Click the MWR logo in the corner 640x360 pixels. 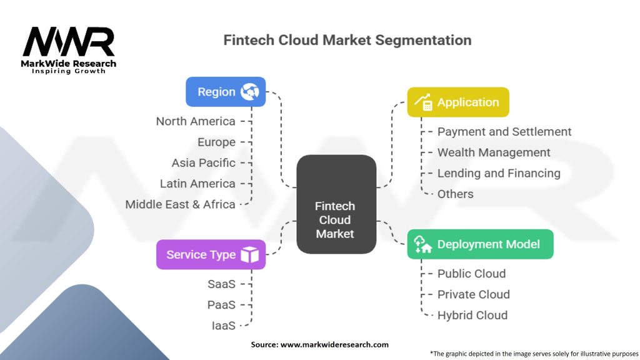point(69,47)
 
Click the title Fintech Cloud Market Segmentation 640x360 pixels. point(347,41)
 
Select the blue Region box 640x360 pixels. point(226,92)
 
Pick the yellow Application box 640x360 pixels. point(458,102)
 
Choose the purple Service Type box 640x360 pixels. point(211,254)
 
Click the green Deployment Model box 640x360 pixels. point(480,244)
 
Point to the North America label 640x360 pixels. point(196,121)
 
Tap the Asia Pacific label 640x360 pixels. point(204,162)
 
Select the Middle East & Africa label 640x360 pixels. point(180,204)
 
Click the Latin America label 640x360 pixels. point(197,184)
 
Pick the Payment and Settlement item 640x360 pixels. point(504,132)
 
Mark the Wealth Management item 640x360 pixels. point(494,152)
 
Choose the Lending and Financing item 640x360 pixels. point(499,173)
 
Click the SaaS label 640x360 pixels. point(221,284)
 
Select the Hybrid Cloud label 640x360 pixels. point(472,315)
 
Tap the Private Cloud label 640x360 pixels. point(473,294)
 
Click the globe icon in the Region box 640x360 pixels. point(249,92)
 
